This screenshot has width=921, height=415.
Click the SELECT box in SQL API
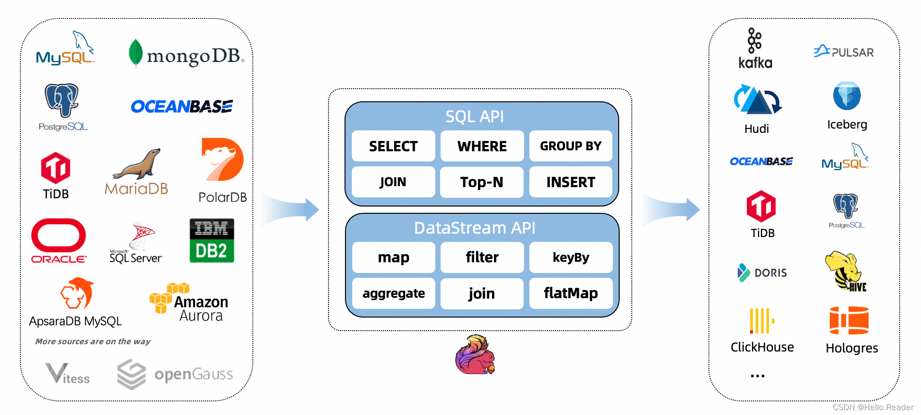pyautogui.click(x=393, y=146)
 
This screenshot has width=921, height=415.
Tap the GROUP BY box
pyautogui.click(x=570, y=146)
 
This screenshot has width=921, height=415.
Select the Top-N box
pyautogui.click(x=481, y=182)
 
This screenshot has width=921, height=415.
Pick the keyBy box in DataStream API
pyautogui.click(x=571, y=257)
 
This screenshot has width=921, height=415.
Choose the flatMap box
pyautogui.click(x=571, y=293)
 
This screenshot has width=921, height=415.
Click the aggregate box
pyautogui.click(x=394, y=293)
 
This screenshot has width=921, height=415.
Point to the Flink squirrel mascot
pyautogui.click(x=475, y=355)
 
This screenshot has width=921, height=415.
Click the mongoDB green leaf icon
pyautogui.click(x=135, y=53)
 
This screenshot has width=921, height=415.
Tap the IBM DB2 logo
pyautogui.click(x=212, y=240)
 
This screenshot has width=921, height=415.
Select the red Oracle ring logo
pyautogui.click(x=59, y=236)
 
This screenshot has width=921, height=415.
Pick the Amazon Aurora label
pyautogui.click(x=200, y=308)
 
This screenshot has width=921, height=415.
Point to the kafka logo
pyautogui.click(x=755, y=48)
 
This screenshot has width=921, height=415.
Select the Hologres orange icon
pyautogui.click(x=849, y=320)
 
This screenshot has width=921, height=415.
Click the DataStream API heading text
pyautogui.click(x=475, y=228)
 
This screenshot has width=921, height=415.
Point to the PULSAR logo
pyautogui.click(x=843, y=51)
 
